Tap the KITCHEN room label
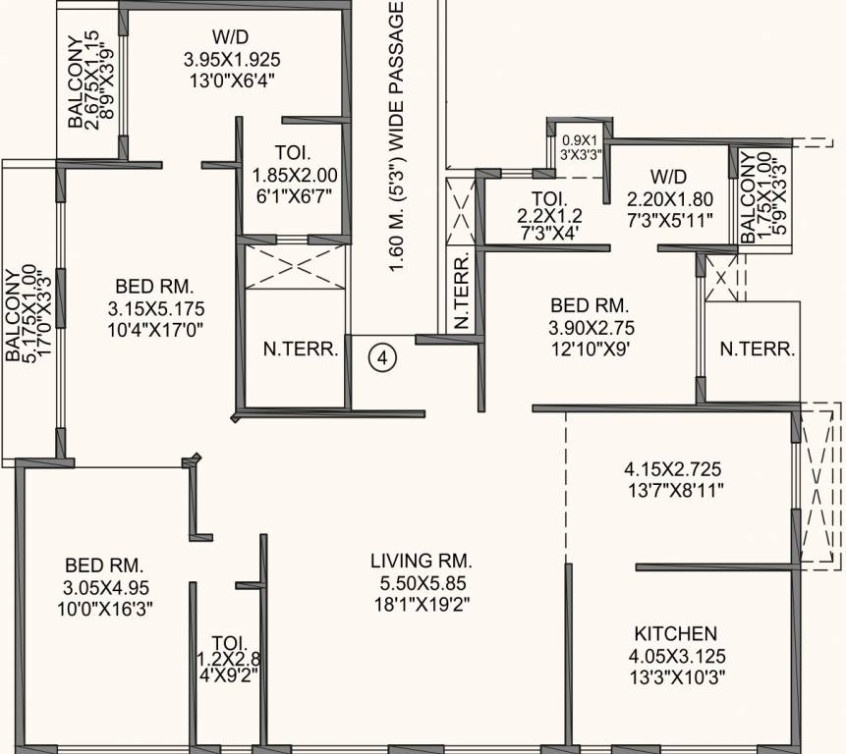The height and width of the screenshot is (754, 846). click(x=675, y=633)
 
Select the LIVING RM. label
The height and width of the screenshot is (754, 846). click(x=422, y=562)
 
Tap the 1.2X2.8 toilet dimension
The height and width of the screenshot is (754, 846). click(x=229, y=659)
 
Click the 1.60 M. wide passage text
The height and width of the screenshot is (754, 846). click(x=397, y=136)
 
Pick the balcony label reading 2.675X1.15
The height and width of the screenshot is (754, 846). click(x=93, y=82)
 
